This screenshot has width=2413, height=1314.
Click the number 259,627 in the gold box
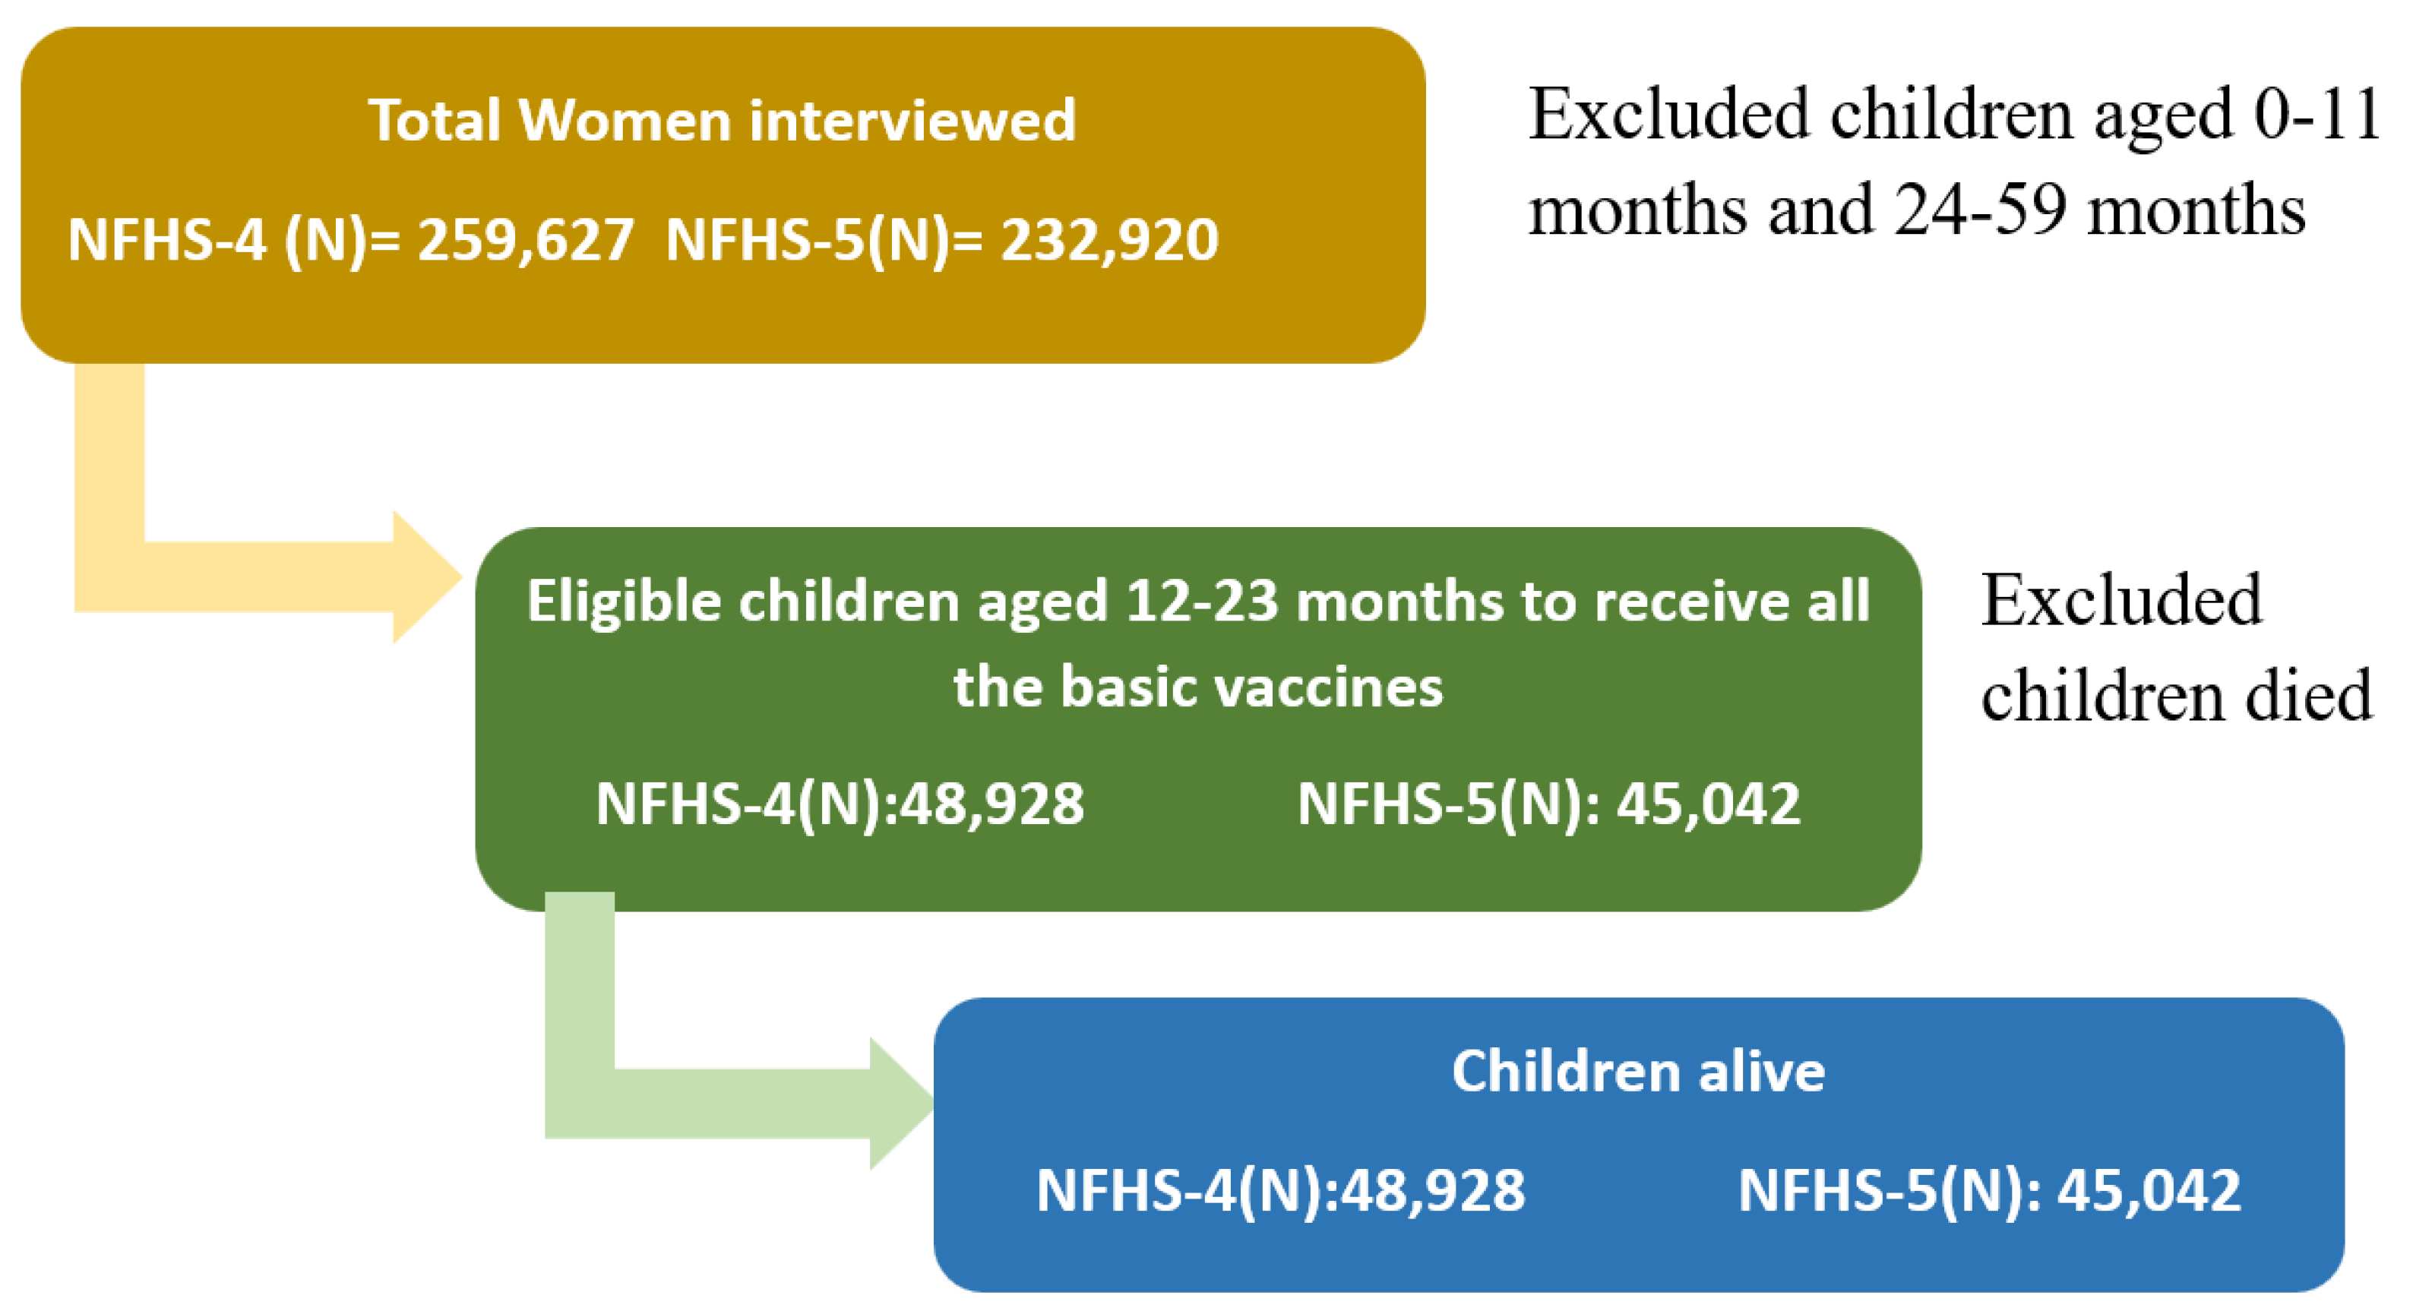526,241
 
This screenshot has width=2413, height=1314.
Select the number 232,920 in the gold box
1110,241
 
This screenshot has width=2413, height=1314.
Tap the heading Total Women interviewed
723,121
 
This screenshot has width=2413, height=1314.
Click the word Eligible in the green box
624,602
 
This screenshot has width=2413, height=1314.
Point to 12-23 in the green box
1202,602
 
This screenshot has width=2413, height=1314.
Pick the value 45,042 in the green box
1708,804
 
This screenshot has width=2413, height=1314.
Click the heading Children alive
1638,1072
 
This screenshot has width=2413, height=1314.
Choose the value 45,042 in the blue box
2149,1191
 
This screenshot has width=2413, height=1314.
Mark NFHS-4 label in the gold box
166,241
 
